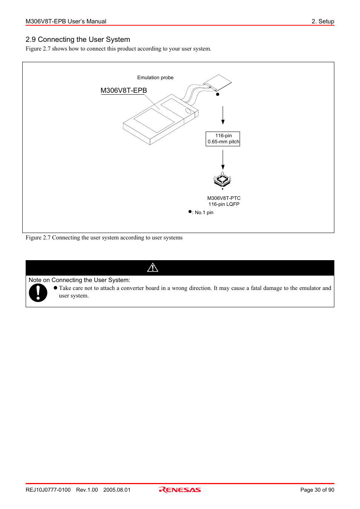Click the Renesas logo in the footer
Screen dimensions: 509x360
[180, 490]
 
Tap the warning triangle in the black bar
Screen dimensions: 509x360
[152, 268]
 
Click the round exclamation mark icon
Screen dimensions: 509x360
[38, 293]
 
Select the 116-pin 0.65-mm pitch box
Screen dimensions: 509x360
[223, 139]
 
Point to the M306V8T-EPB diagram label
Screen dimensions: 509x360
[124, 90]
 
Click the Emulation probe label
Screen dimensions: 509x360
[155, 78]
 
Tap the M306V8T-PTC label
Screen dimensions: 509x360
[224, 198]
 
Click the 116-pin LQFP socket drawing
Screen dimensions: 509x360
[222, 179]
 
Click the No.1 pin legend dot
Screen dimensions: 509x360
[190, 212]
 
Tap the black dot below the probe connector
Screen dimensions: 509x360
[218, 94]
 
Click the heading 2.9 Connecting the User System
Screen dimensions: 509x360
[78, 40]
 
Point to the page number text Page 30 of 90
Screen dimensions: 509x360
[317, 490]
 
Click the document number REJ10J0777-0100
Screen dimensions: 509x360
[48, 490]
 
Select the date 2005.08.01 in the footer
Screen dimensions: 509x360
[117, 490]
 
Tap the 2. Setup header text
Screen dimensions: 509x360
[323, 21]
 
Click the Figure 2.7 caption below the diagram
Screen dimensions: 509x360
[104, 238]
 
